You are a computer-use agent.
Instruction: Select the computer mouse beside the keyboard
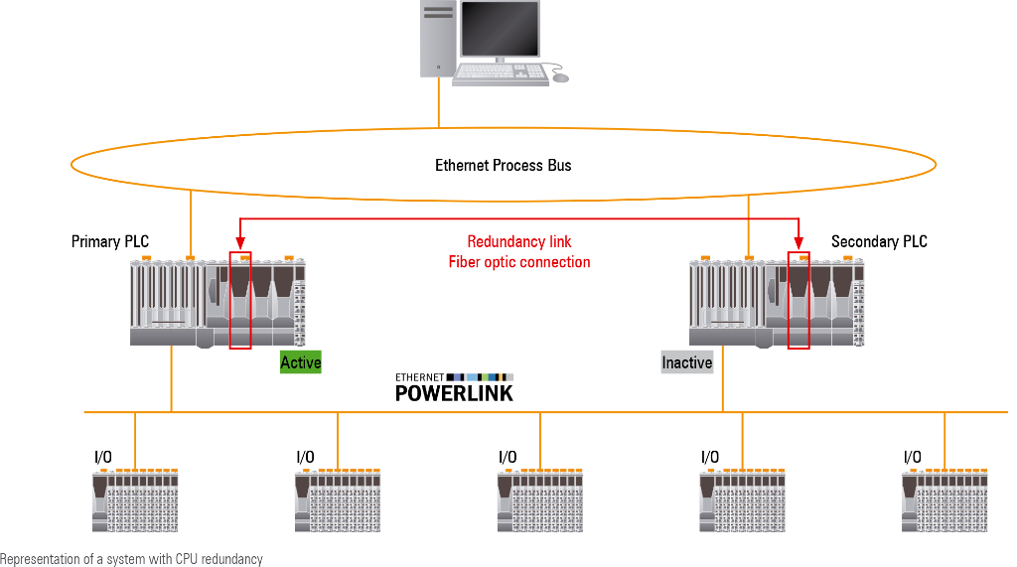point(561,77)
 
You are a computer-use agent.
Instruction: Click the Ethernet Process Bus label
point(504,166)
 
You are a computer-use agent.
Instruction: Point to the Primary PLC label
point(110,242)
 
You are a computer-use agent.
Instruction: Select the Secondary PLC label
point(879,242)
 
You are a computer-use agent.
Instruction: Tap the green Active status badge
point(300,362)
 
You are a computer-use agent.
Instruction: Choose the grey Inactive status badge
point(687,362)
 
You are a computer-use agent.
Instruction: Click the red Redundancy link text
point(519,242)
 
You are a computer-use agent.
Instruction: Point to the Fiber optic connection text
point(519,262)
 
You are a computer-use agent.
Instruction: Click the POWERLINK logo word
point(454,392)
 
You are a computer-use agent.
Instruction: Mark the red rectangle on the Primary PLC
point(240,301)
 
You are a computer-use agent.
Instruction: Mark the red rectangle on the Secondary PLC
point(799,301)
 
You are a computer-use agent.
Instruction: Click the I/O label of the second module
point(305,457)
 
